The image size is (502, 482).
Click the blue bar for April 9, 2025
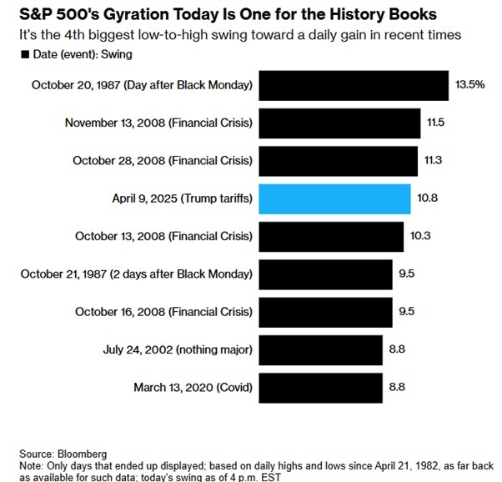[334, 199]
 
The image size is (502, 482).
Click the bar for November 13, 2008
[339, 123]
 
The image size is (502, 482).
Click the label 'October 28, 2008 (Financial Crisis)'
[162, 161]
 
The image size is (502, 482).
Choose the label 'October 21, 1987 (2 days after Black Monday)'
[138, 274]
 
